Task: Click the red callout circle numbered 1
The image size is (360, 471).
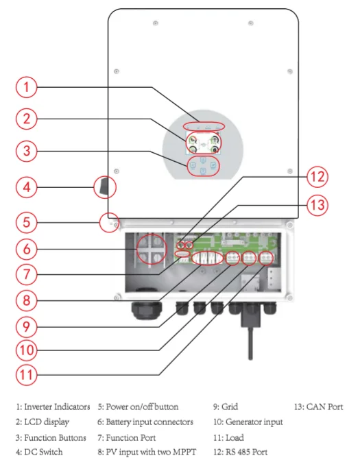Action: coord(27,87)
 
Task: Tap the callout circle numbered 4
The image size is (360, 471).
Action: coord(27,187)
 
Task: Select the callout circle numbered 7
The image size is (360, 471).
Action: coord(27,274)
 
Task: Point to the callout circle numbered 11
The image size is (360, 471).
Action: coord(27,374)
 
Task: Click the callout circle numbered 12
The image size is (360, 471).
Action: coord(317,177)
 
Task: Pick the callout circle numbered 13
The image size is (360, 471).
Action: coord(317,205)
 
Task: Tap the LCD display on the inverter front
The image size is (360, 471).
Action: coord(203,143)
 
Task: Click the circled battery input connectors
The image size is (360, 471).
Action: coord(152,250)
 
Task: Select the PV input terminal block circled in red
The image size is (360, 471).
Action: coord(207,258)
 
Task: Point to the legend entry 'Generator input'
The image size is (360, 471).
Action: coord(248,422)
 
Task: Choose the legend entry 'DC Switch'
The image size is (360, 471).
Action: coord(39,452)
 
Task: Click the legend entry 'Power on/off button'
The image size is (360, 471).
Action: coord(138,407)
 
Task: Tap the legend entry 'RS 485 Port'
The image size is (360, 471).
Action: coord(240,452)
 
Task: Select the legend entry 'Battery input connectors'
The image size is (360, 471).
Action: coord(145,422)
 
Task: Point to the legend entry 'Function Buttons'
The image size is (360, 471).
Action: coord(51,437)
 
